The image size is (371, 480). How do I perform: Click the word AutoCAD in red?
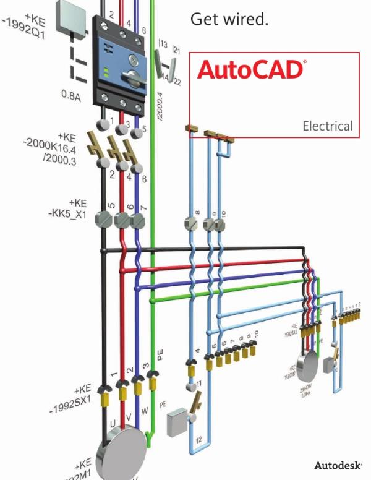point(250,69)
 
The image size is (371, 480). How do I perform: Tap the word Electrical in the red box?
point(327,126)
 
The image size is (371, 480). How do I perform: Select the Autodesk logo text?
point(338,465)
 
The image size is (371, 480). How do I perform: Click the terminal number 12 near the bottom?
point(198,440)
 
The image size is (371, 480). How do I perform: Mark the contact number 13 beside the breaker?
point(163,45)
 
